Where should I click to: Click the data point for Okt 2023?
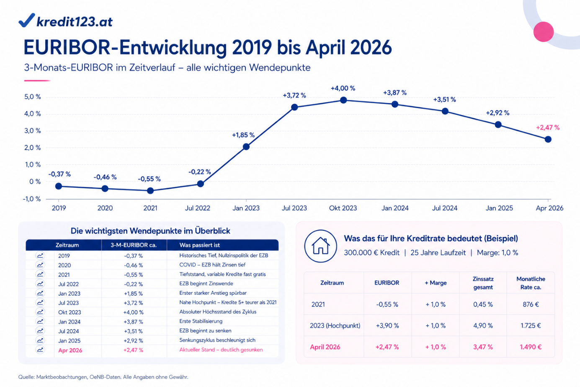343,100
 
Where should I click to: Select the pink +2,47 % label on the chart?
548,127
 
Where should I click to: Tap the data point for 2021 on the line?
150,191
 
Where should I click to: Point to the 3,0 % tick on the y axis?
33,131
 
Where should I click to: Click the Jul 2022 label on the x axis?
198,208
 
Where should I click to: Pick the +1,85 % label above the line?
243,135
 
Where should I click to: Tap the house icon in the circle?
320,246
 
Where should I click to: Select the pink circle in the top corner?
544,31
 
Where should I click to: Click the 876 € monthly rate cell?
531,304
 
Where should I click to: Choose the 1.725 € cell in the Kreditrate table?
531,326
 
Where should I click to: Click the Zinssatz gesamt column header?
483,283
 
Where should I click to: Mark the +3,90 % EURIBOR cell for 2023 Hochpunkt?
387,326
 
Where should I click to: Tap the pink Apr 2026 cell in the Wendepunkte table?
70,351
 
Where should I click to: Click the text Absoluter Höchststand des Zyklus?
218,312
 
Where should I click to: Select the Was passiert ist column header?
199,245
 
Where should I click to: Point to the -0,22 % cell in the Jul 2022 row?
133,284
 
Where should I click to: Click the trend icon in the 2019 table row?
40,255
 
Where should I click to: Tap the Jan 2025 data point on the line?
498,125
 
